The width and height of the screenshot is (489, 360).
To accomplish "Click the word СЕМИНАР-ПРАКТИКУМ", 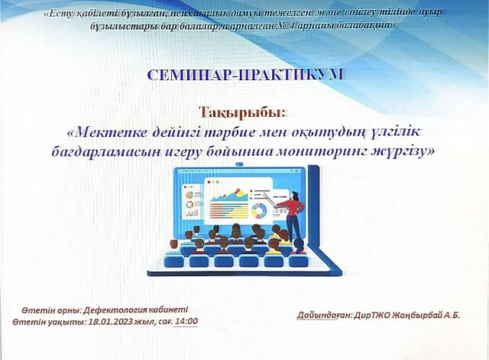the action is (x=246, y=75).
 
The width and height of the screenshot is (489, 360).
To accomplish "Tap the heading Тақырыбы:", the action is (x=242, y=112).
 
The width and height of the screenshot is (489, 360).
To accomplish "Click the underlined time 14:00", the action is (x=186, y=321).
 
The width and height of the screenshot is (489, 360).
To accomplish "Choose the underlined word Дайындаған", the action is (x=324, y=316).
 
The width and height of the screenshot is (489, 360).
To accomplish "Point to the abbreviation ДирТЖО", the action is (x=372, y=315).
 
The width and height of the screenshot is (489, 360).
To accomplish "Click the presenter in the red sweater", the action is (x=293, y=216).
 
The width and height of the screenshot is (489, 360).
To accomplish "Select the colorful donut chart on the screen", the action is (x=259, y=210).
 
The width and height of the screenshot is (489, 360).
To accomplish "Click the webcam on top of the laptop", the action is (x=239, y=164).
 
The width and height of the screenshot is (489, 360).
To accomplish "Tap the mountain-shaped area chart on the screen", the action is (x=229, y=195).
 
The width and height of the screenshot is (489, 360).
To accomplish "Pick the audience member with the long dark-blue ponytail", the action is (x=299, y=247).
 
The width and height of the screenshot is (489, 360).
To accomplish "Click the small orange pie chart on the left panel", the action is (x=189, y=195).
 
